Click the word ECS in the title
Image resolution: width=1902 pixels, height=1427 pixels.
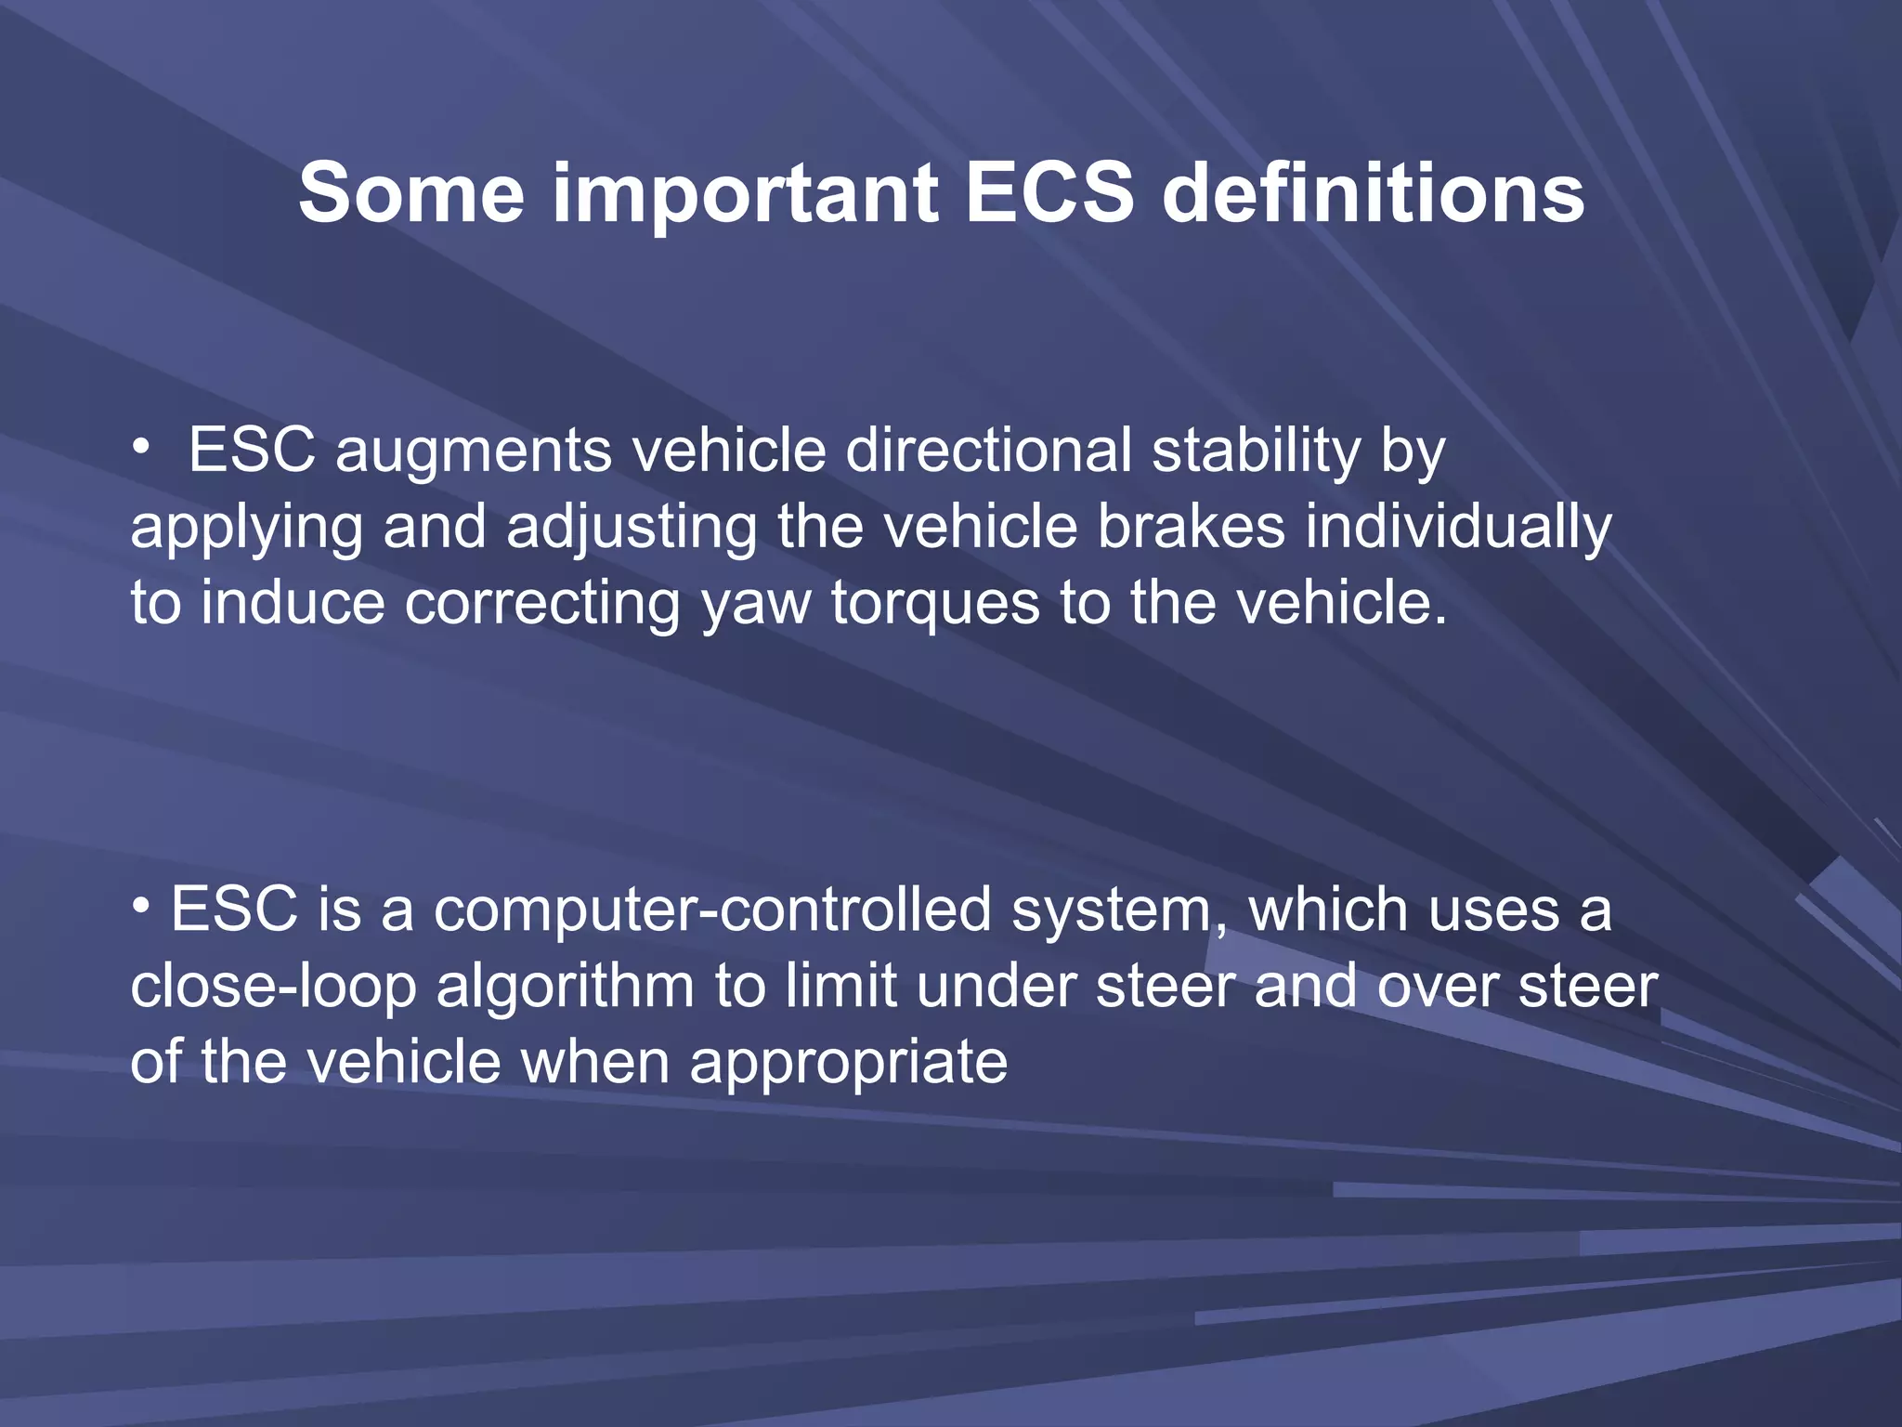coord(1049,193)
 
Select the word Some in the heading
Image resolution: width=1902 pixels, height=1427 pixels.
coord(411,193)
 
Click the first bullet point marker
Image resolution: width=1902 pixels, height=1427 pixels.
coord(140,448)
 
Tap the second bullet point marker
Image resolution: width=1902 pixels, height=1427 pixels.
coord(140,905)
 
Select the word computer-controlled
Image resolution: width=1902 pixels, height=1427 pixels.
coord(712,910)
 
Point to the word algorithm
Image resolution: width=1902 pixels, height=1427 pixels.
coord(565,987)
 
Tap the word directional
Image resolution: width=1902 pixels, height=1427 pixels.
coord(988,452)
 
